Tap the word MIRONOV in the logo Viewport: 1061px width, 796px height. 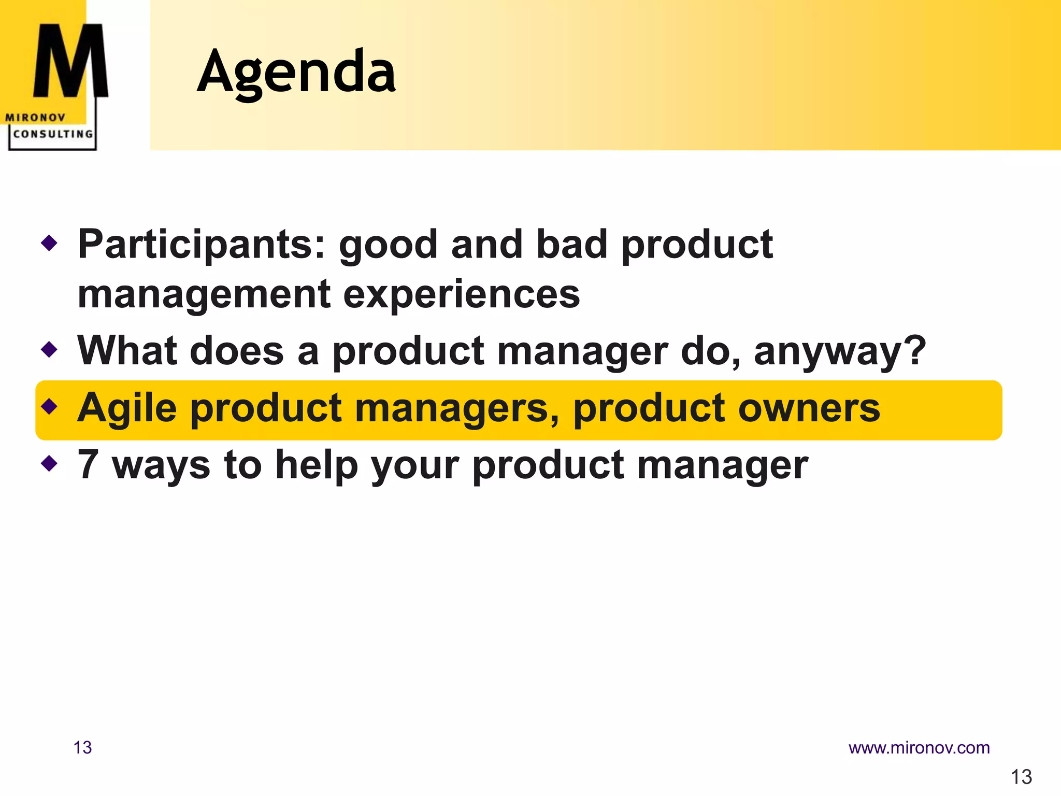[35, 118]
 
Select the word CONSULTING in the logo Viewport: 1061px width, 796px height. [53, 134]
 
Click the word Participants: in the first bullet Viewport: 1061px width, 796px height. [202, 245]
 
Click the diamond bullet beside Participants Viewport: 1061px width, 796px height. [49, 242]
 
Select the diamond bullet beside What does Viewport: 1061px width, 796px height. [49, 349]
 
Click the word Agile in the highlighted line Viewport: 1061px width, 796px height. [127, 408]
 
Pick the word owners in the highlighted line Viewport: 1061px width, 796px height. [809, 408]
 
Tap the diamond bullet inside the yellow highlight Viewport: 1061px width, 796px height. [49, 406]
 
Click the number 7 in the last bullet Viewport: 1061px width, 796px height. [88, 464]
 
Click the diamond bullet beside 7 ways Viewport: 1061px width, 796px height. [49, 463]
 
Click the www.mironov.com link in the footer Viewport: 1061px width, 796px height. [919, 748]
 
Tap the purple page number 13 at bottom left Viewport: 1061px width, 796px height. [82, 748]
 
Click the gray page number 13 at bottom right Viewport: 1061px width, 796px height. [1021, 777]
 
